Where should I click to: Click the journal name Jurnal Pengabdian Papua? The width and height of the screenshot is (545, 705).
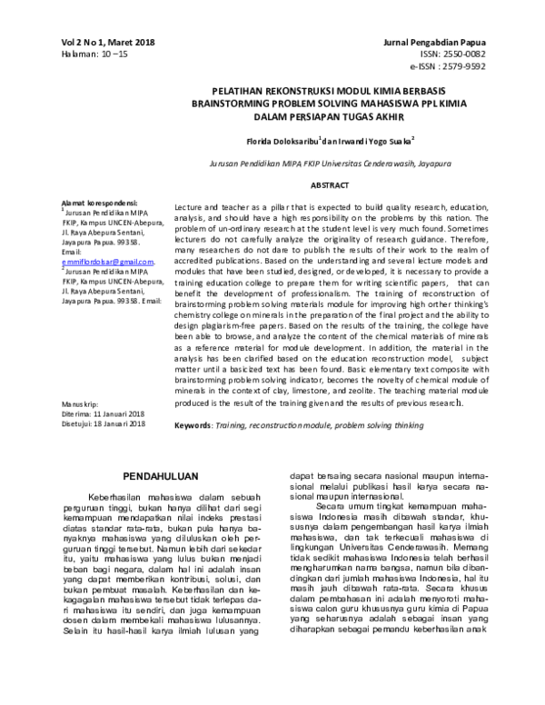(x=461, y=43)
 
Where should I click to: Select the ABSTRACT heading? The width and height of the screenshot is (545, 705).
(x=332, y=184)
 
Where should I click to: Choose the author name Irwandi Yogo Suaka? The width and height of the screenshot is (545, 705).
(x=375, y=143)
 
